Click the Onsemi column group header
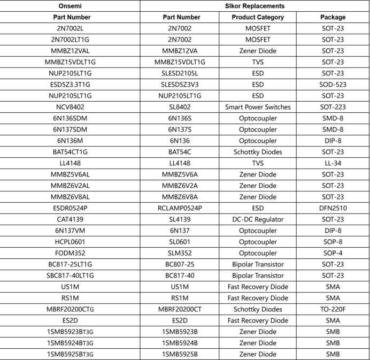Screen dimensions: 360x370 (70, 6)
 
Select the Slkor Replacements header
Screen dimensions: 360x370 (255, 6)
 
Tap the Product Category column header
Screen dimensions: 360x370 (258, 17)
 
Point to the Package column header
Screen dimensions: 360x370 (333, 17)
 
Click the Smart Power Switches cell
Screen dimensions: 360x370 (258, 107)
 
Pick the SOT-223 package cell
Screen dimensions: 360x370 (333, 107)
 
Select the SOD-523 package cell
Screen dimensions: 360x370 (333, 85)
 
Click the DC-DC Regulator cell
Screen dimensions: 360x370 (258, 219)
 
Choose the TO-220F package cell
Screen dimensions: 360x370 (333, 309)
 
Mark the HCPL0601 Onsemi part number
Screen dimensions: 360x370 (70, 242)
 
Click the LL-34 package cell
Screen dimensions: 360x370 (333, 163)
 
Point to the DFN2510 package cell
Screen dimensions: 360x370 (333, 208)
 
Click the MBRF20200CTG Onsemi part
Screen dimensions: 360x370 (70, 309)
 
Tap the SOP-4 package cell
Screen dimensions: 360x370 (333, 253)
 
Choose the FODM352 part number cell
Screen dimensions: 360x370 (70, 253)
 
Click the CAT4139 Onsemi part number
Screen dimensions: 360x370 (70, 219)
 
